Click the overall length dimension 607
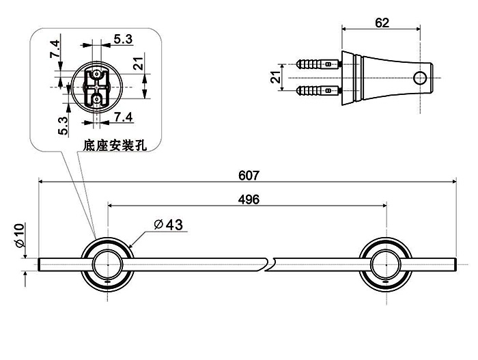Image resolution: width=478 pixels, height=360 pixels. click(x=249, y=175)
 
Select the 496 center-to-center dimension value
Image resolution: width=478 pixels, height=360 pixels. click(x=249, y=199)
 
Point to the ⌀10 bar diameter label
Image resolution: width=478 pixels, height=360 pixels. click(x=19, y=236)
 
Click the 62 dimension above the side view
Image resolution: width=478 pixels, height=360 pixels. click(x=382, y=23)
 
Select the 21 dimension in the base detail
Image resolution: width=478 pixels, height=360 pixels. click(x=138, y=64)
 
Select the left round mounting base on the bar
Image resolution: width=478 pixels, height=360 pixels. click(x=108, y=263)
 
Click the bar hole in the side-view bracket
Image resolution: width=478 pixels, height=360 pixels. click(x=419, y=78)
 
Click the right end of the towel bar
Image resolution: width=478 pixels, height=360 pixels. click(x=453, y=264)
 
